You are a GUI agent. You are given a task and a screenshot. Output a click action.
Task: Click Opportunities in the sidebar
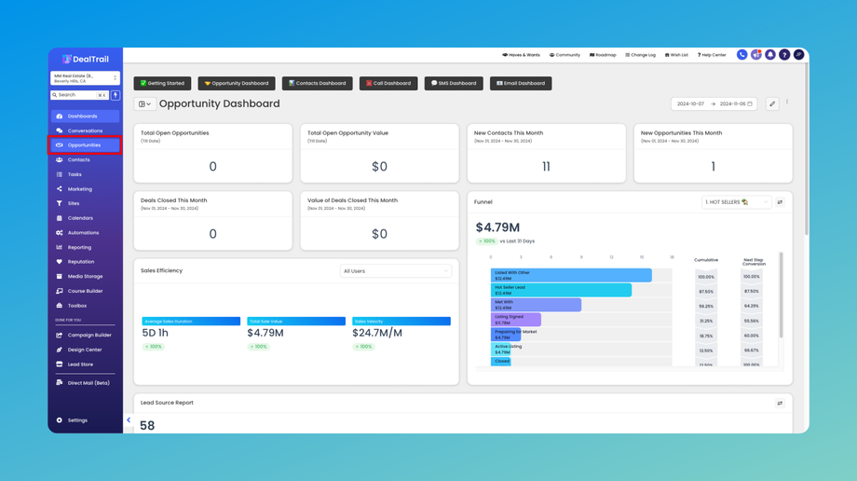[x=84, y=145]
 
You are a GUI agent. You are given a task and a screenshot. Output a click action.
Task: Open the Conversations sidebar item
[x=85, y=131]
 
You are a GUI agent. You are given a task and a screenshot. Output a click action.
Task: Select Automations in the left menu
[x=83, y=233]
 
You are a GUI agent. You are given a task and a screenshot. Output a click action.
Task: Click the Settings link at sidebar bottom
[x=77, y=420]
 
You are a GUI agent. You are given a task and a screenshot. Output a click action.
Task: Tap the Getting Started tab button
[x=162, y=83]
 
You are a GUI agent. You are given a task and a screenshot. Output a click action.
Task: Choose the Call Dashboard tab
[x=388, y=83]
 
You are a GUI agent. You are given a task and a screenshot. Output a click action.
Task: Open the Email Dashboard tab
[x=521, y=83]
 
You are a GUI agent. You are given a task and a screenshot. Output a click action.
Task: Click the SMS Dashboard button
[x=454, y=83]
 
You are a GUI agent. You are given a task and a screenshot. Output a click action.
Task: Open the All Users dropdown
[x=395, y=271]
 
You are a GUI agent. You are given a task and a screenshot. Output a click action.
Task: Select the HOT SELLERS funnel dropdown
[x=736, y=202]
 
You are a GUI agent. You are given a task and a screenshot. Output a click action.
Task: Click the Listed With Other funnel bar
[x=570, y=276]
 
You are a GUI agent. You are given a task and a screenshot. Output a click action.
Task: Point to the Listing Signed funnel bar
[x=515, y=320]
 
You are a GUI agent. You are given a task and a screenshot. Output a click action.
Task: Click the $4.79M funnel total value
[x=497, y=227]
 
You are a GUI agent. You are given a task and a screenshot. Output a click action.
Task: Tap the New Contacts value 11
[x=546, y=167]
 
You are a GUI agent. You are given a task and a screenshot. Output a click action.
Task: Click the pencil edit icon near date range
[x=772, y=104]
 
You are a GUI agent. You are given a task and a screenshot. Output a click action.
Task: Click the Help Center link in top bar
[x=712, y=55]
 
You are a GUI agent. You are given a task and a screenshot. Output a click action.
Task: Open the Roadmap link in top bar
[x=603, y=55]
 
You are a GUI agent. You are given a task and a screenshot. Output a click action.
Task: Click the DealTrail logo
[x=85, y=59]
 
